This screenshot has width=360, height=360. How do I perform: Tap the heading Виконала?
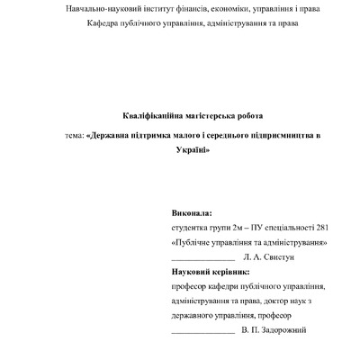[x=192, y=214]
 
